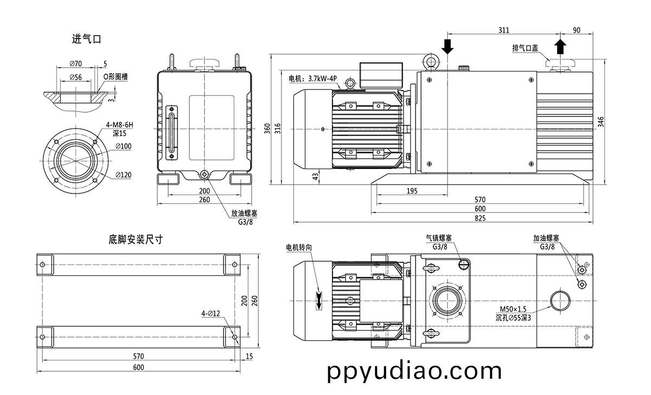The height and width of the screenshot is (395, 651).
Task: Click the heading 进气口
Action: pyautogui.click(x=87, y=40)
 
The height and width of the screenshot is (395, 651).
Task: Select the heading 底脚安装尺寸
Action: pyautogui.click(x=136, y=239)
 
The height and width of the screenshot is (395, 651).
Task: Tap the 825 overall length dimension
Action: pyautogui.click(x=480, y=218)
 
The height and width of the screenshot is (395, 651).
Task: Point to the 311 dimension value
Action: pyautogui.click(x=503, y=30)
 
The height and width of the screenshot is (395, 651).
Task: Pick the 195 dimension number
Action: pyautogui.click(x=412, y=191)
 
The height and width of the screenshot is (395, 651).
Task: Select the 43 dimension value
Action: pyautogui.click(x=315, y=177)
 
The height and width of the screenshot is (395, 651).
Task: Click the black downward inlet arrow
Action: pyautogui.click(x=447, y=47)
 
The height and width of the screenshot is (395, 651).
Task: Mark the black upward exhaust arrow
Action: pyautogui.click(x=560, y=47)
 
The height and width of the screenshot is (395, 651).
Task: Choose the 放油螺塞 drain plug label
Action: pyautogui.click(x=244, y=213)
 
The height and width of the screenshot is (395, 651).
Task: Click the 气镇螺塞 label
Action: pyautogui.click(x=439, y=238)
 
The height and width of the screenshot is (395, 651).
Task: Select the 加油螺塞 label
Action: pyautogui.click(x=546, y=238)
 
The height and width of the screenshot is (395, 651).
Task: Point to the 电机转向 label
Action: pyautogui.click(x=299, y=247)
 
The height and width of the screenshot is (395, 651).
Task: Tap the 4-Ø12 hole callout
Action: pyautogui.click(x=210, y=313)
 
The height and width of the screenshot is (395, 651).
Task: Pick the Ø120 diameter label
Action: pyautogui.click(x=124, y=175)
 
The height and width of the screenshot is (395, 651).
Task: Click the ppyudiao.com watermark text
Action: pyautogui.click(x=415, y=372)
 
